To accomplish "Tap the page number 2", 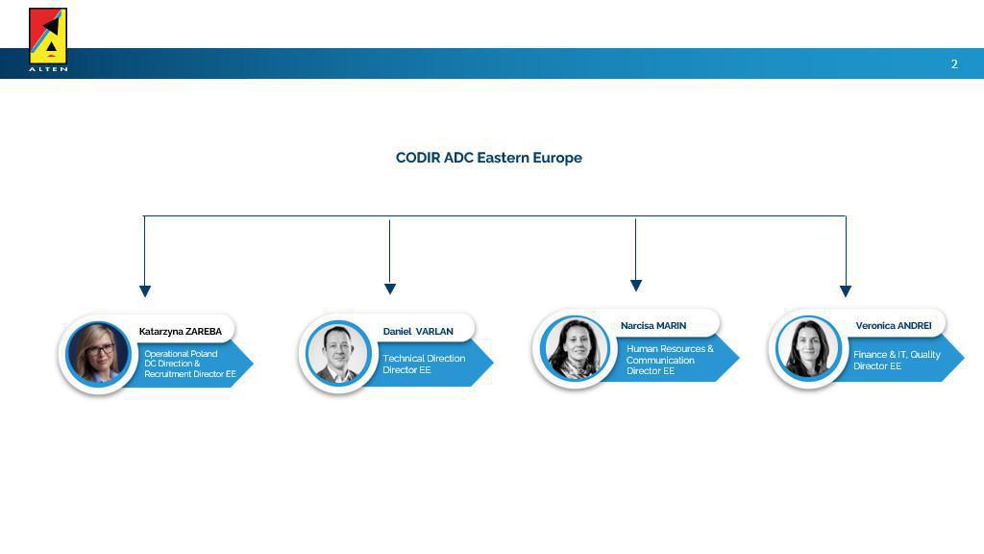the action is (954, 64).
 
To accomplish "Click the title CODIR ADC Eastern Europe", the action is (489, 158).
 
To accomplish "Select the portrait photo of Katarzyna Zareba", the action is (98, 354).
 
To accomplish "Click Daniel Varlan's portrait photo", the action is (337, 353).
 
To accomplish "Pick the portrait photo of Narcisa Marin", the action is (575, 348).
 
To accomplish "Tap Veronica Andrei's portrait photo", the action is (808, 348).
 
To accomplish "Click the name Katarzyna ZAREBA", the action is (180, 331).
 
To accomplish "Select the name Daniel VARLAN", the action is (418, 331).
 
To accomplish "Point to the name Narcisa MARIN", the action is (653, 325).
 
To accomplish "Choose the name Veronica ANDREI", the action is (894, 325).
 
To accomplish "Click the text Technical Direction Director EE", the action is (424, 364).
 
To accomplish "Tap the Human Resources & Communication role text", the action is (670, 360).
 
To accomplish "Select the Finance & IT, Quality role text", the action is (897, 360).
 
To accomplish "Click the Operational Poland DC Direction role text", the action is (190, 364).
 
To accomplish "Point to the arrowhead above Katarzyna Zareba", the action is (145, 291).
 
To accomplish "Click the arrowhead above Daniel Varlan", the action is (390, 289).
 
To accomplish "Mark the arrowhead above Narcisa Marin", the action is (636, 286).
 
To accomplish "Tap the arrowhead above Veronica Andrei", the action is (846, 291).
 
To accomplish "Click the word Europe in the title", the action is (557, 159).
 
